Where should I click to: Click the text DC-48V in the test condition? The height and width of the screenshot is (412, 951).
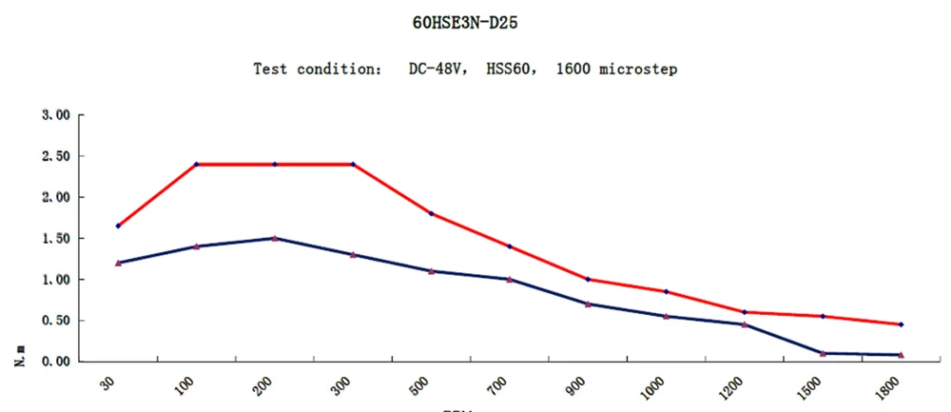(430, 69)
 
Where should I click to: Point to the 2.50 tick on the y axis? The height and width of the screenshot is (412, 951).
(58, 156)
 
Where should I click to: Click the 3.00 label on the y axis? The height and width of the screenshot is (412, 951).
(58, 115)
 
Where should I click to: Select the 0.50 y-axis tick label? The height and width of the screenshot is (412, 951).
(58, 321)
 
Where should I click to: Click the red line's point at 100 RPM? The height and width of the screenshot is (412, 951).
(197, 165)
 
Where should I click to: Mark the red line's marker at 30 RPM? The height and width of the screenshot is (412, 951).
(118, 226)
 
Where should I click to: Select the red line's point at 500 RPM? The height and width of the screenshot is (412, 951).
(432, 213)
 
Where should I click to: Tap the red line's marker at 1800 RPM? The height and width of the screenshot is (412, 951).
(901, 324)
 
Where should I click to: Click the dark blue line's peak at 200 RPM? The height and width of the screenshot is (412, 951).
(275, 238)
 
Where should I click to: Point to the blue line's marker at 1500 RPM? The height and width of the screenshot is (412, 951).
(823, 353)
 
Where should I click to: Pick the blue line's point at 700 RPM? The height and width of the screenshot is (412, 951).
(510, 279)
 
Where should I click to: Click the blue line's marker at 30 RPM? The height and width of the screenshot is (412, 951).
(118, 263)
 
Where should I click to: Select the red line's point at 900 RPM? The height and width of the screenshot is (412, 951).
(588, 279)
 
